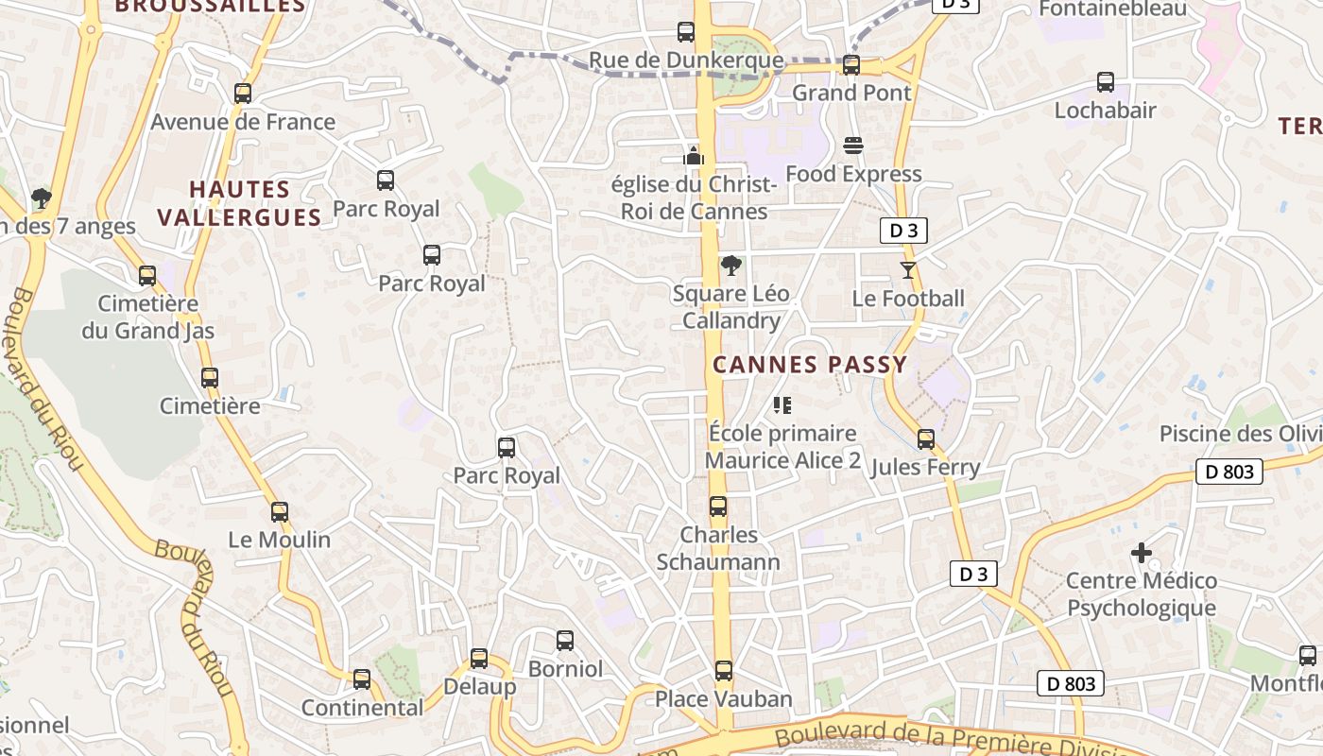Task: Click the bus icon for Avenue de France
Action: (x=243, y=94)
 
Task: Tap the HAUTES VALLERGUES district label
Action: (x=240, y=203)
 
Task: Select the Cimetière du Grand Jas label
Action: (x=148, y=318)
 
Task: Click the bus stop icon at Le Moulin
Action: (x=280, y=512)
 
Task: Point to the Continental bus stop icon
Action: (x=362, y=679)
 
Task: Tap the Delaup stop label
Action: (x=479, y=687)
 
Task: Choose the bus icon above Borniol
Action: (x=565, y=641)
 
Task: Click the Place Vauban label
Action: (x=724, y=699)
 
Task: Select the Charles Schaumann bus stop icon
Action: (x=718, y=507)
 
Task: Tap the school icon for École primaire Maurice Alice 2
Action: (x=782, y=405)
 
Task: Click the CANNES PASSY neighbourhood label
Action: (x=810, y=365)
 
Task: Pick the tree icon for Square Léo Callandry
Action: (x=730, y=266)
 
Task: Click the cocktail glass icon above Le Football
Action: (x=908, y=270)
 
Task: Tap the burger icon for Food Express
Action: (x=853, y=146)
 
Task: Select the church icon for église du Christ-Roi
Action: (x=695, y=156)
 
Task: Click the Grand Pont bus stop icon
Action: (x=851, y=64)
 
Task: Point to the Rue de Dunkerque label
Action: (x=686, y=60)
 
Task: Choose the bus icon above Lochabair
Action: (x=1106, y=82)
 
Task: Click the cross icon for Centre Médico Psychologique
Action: (x=1142, y=553)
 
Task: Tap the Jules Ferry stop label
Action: (x=925, y=467)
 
